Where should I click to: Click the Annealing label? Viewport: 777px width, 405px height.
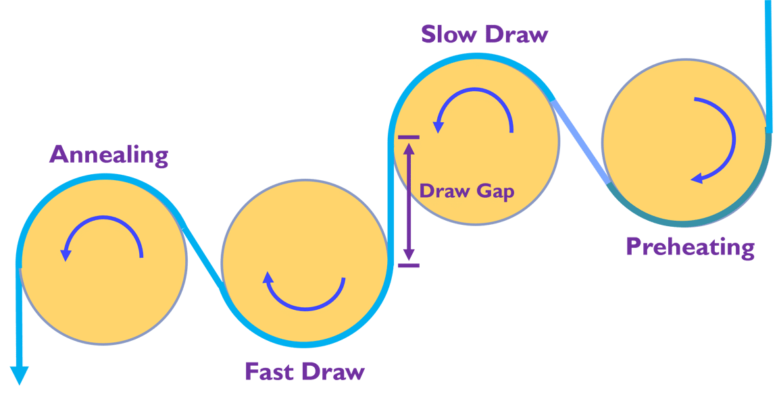[109, 155]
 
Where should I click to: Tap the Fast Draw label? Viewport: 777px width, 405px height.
[304, 371]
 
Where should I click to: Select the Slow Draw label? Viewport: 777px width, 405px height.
[484, 34]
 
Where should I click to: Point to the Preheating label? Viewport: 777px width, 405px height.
[689, 247]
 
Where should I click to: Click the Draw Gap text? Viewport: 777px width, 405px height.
[467, 191]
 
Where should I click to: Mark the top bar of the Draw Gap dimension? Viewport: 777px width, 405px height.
[408, 137]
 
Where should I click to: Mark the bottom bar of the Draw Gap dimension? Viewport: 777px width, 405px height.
[408, 265]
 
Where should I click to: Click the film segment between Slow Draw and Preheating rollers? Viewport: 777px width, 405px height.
[580, 141]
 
